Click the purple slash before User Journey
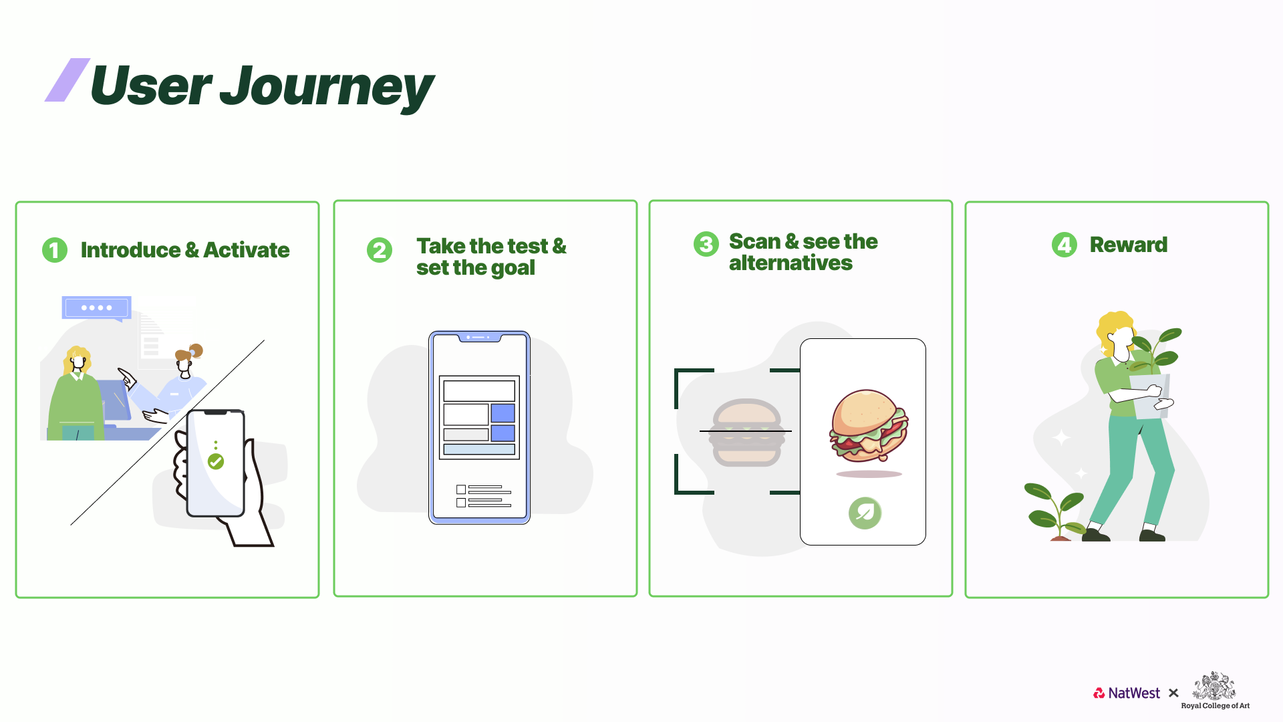point(67,80)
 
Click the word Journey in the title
point(327,87)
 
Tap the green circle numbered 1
point(55,250)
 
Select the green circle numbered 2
point(380,250)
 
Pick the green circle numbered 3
point(706,244)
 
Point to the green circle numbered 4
point(1064,245)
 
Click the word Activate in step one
point(247,250)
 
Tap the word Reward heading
point(1129,245)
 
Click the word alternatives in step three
point(791,263)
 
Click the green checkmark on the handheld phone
point(216,461)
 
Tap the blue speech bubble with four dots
point(96,308)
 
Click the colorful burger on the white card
point(869,426)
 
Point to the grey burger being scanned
point(747,433)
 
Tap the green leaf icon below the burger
point(865,513)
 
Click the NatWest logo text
point(1134,693)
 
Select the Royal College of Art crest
point(1214,687)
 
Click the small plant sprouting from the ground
point(1054,511)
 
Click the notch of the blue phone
point(479,338)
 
